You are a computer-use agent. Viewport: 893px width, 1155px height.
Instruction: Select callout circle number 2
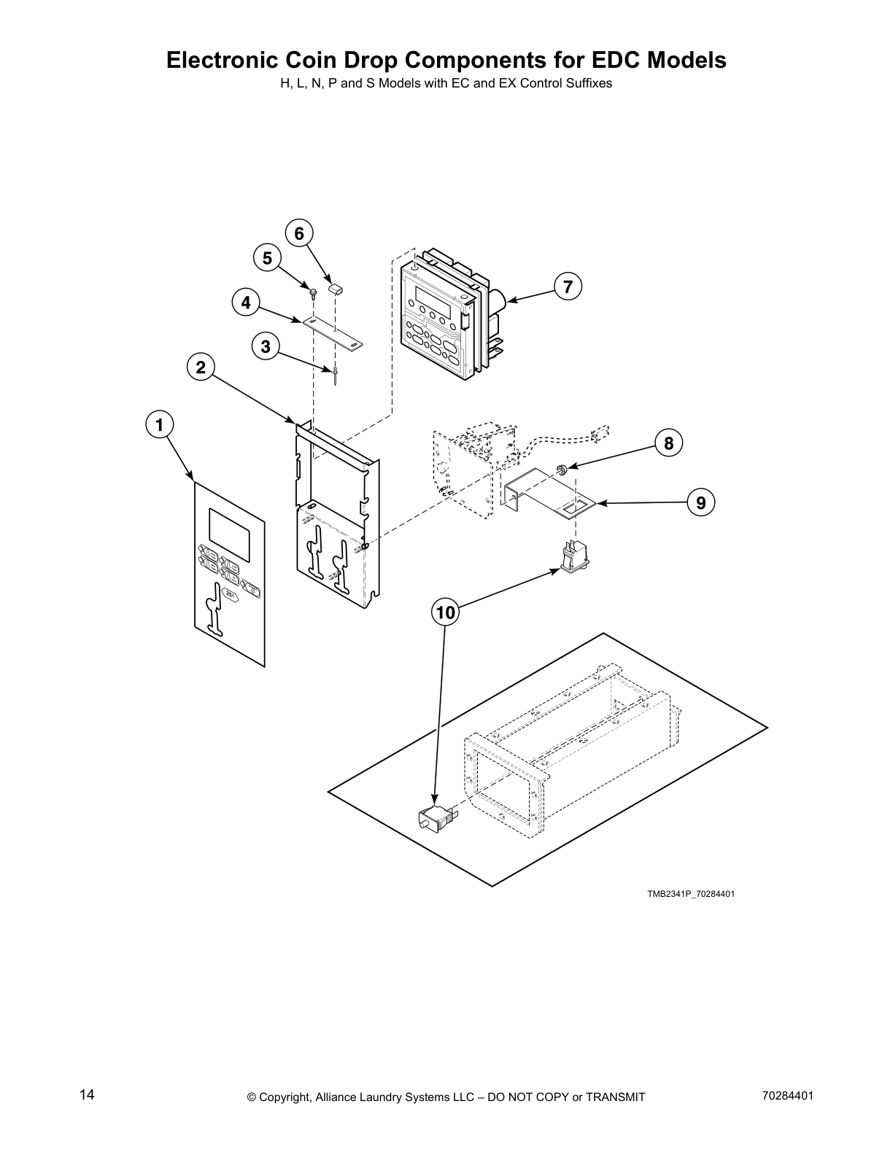pos(201,367)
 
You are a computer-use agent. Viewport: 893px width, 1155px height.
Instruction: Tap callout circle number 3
pos(266,346)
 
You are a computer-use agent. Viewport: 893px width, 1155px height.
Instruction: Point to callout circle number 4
pos(246,303)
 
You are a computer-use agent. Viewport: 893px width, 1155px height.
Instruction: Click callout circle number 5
pos(267,258)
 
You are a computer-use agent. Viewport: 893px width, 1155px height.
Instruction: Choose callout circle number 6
pos(299,233)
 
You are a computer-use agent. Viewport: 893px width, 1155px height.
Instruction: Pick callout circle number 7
pos(568,286)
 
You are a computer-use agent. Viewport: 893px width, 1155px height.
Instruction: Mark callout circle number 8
pos(668,443)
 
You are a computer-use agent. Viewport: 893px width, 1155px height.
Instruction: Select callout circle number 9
pos(700,502)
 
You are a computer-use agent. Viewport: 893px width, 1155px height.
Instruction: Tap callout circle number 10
pos(445,612)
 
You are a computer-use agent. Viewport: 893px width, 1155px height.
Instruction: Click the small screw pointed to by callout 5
pos(314,294)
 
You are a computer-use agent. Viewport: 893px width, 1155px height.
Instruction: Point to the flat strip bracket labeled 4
pos(333,332)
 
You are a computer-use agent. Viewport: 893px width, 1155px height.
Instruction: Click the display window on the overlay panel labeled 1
pos(230,529)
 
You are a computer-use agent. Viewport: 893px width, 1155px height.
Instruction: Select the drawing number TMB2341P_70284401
pos(690,893)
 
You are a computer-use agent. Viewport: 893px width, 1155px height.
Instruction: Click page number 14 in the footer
pos(87,1095)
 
